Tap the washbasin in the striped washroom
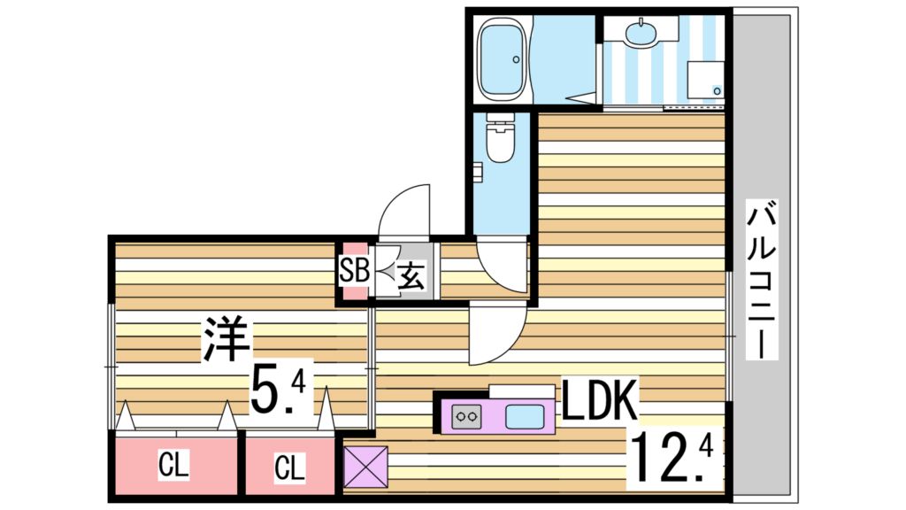point(640,34)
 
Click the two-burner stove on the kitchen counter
point(466,414)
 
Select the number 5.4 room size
point(277,390)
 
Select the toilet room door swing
point(501,266)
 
